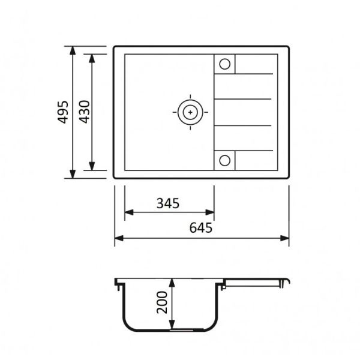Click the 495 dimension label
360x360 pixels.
tap(62, 112)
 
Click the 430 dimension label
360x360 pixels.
tap(84, 112)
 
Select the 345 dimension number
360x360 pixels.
tap(168, 203)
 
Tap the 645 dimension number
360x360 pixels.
tap(201, 228)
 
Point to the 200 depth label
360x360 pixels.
tap(162, 302)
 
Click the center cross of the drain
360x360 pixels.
tap(190, 112)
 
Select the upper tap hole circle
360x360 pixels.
tap(225, 64)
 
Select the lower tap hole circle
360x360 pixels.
tap(225, 160)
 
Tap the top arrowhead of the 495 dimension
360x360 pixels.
tap(73, 50)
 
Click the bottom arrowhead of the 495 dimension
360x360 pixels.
tap(73, 174)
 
